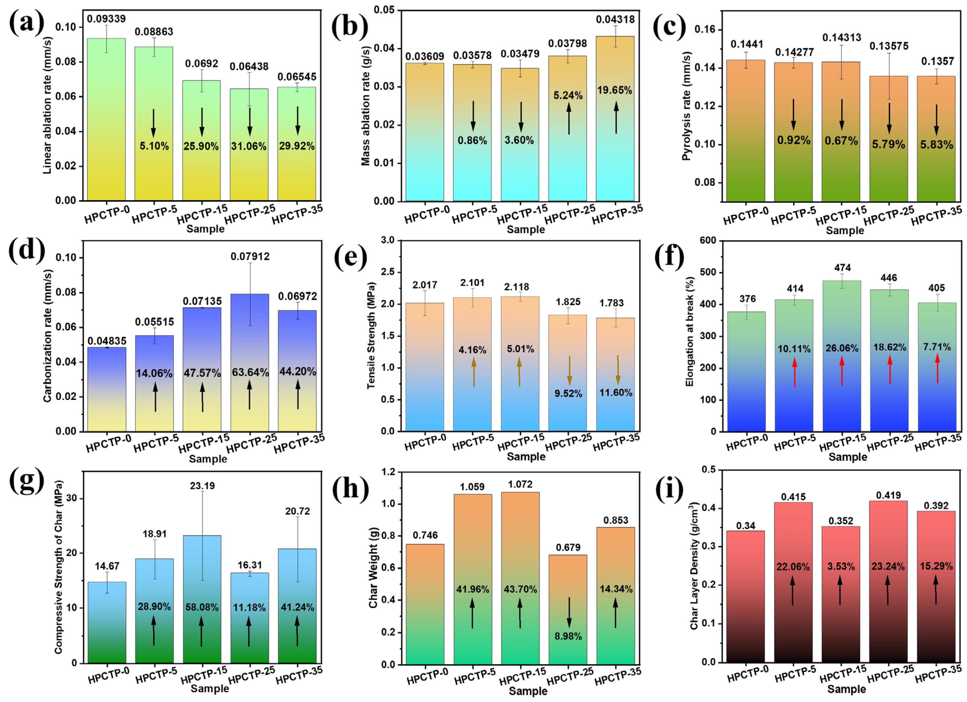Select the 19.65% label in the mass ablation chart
point(614,90)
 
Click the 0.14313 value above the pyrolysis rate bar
point(842,38)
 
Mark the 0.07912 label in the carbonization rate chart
point(250,257)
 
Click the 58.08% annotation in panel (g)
point(202,607)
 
